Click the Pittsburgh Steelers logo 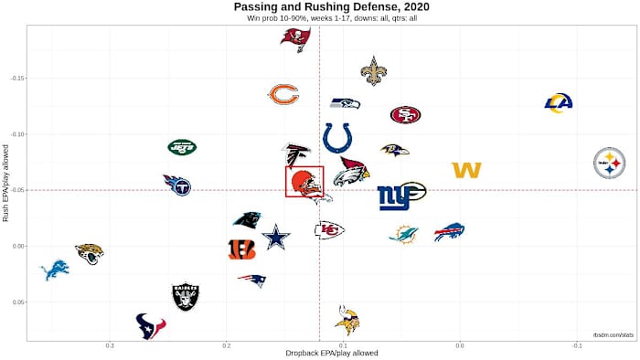(x=609, y=164)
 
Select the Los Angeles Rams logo (x=558, y=103)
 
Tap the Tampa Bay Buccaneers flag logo (x=294, y=39)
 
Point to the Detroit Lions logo (x=55, y=270)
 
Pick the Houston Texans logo (x=151, y=326)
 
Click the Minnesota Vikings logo (x=347, y=320)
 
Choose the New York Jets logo (x=182, y=146)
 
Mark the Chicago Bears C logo (x=283, y=94)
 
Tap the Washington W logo (x=466, y=170)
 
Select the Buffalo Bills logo (x=449, y=232)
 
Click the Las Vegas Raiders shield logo (x=186, y=296)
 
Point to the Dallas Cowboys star (x=275, y=238)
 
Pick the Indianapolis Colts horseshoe (x=338, y=139)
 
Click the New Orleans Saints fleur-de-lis (x=373, y=70)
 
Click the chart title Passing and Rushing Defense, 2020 (x=320, y=7)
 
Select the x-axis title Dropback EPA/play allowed (x=319, y=354)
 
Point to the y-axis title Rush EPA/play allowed (x=6, y=182)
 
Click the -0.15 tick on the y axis (x=16, y=79)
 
